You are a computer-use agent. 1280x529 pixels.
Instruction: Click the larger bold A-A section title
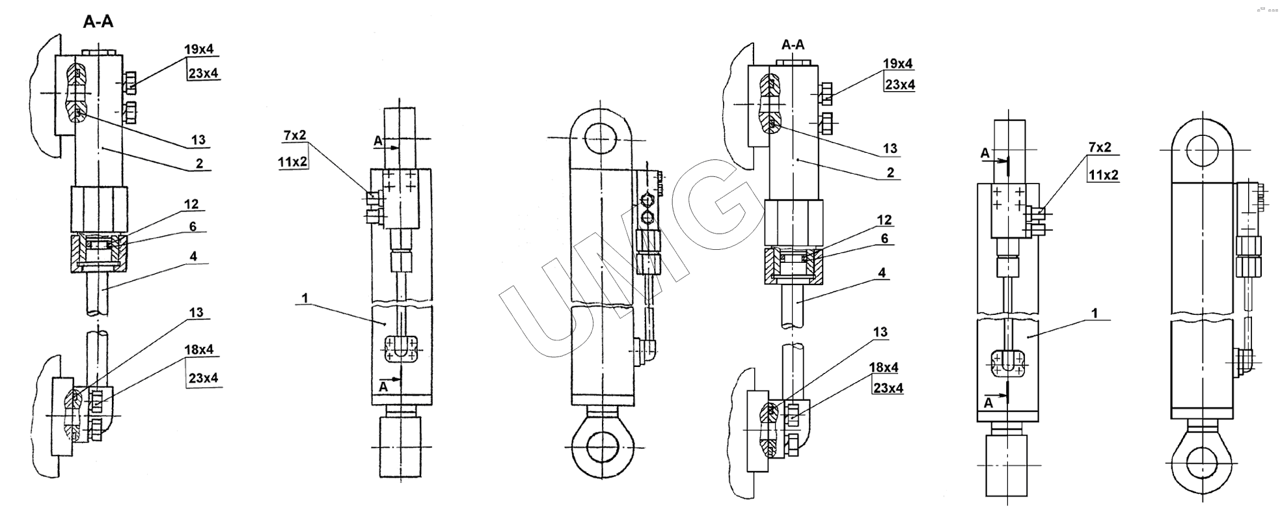coord(98,21)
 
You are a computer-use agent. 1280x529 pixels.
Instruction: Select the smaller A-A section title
coord(793,44)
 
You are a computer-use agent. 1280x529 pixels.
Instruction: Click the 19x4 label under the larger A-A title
coord(198,49)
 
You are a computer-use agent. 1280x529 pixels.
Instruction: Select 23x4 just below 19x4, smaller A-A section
coord(900,85)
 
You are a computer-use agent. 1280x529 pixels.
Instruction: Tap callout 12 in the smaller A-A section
coord(884,220)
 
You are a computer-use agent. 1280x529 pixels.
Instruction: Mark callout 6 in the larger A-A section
coord(193,226)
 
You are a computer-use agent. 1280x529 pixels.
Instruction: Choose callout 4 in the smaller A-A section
coord(882,273)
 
